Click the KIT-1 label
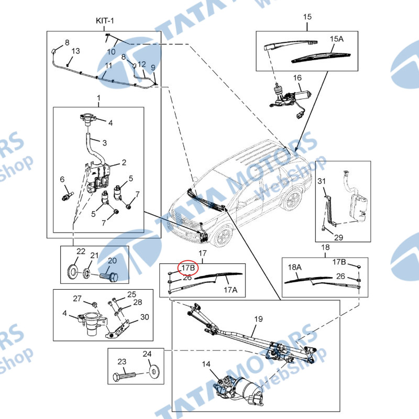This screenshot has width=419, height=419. pos(105,20)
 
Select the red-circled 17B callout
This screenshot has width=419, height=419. pos(188,268)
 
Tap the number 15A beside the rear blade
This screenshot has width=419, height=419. pos(336,39)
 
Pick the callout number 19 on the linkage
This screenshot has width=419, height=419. pos(258,319)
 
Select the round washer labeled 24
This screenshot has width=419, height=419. pos(153,372)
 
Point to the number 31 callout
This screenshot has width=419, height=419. pos(322,181)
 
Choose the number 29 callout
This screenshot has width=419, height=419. pos(338,237)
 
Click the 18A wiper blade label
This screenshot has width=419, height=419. pos(295,267)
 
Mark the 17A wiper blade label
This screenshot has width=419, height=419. pos(230,290)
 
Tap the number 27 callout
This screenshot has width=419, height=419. pos(77,299)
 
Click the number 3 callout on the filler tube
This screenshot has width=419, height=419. pos(104,143)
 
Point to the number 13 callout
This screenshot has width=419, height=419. pos(75,51)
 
